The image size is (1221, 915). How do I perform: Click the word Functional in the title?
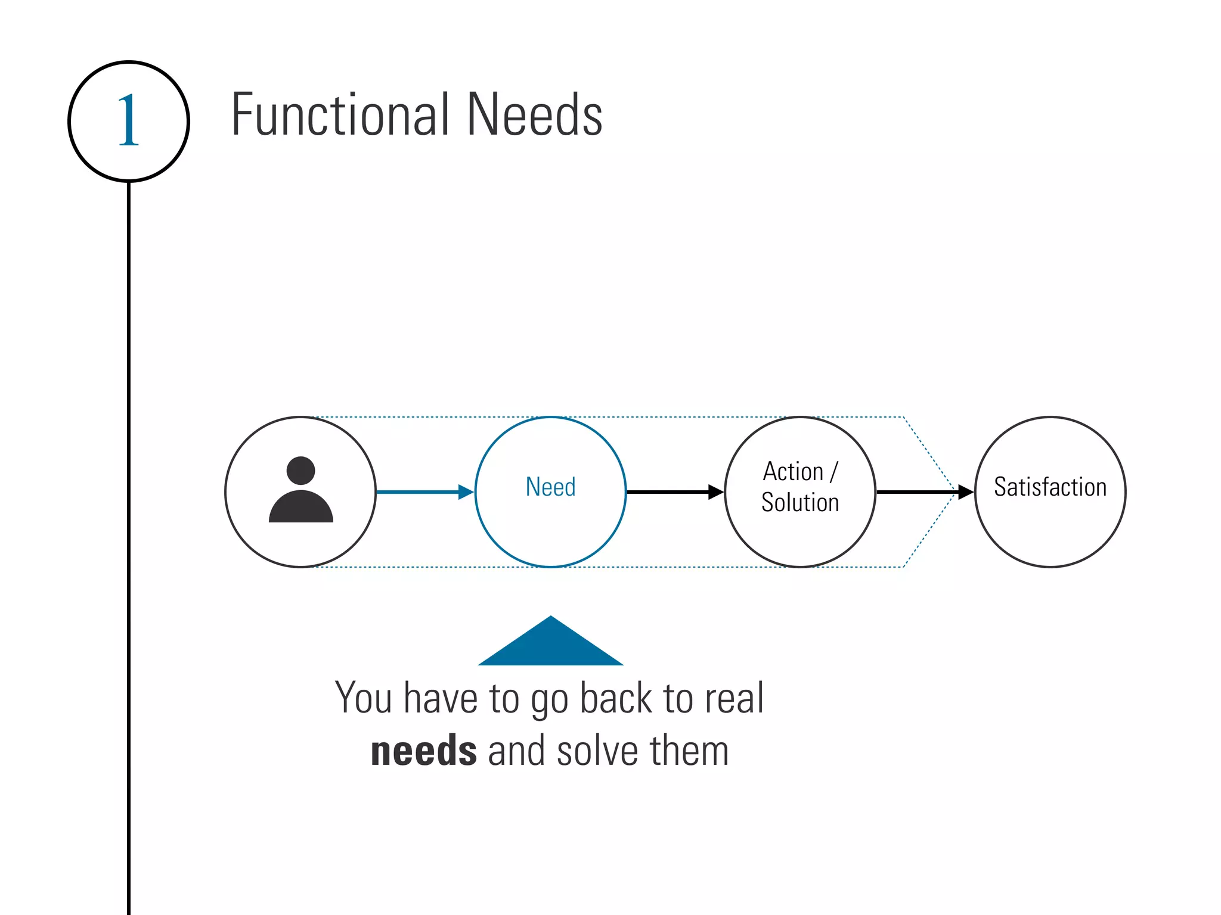pyautogui.click(x=340, y=114)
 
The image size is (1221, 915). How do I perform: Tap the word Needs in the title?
pyautogui.click(x=534, y=114)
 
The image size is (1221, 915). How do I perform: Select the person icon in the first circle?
pyautogui.click(x=300, y=492)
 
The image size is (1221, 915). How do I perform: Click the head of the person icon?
pyautogui.click(x=300, y=471)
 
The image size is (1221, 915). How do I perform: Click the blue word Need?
pyautogui.click(x=550, y=487)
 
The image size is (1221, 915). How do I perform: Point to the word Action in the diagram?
pyautogui.click(x=793, y=472)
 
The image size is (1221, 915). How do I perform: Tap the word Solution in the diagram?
pyautogui.click(x=800, y=502)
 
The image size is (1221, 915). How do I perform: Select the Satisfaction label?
pyautogui.click(x=1050, y=487)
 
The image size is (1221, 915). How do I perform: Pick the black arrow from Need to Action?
pyautogui.click(x=674, y=492)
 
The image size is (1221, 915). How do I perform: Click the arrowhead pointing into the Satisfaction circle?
pyautogui.click(x=965, y=492)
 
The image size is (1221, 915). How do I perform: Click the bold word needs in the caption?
pyautogui.click(x=423, y=751)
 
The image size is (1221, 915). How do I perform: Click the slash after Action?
pyautogui.click(x=833, y=472)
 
